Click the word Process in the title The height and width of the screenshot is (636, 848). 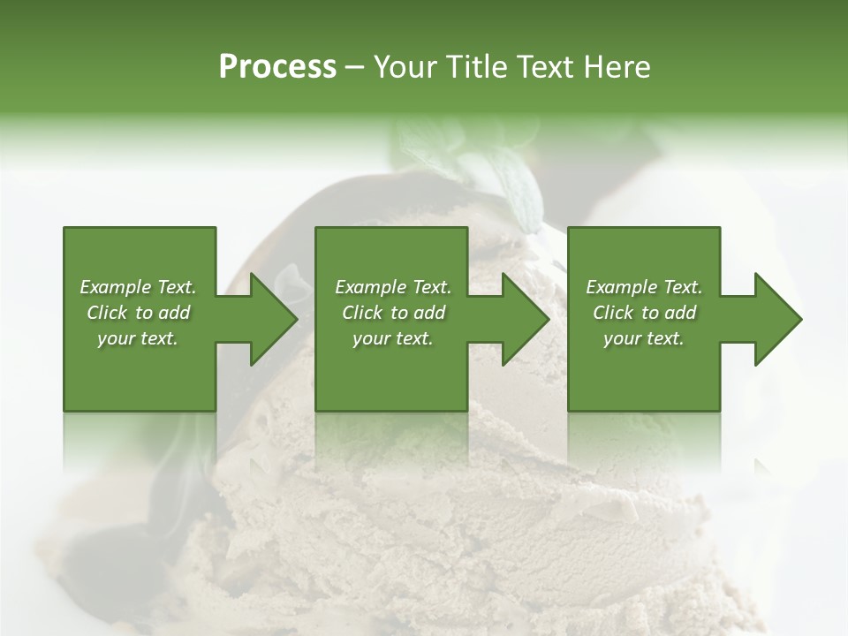[277, 66]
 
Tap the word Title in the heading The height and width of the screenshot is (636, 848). [475, 67]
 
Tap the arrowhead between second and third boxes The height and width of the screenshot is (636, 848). [525, 319]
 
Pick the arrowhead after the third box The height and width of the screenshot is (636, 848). [777, 319]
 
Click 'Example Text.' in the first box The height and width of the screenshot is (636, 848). [138, 287]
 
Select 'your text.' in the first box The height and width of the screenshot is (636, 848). [138, 338]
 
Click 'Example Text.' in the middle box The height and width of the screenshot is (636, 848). [393, 287]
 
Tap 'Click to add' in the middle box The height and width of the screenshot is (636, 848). [393, 313]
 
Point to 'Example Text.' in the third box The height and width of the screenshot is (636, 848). [644, 287]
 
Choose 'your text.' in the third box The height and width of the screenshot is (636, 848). [644, 338]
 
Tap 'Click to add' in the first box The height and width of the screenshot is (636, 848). [138, 313]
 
